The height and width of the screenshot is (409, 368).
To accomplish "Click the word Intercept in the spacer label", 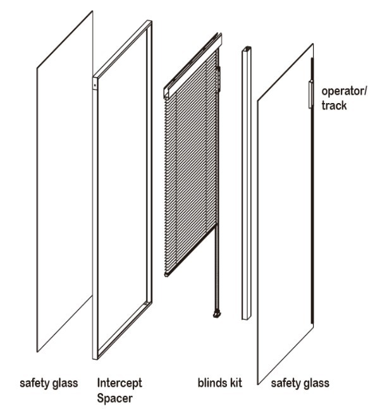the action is tap(120, 383).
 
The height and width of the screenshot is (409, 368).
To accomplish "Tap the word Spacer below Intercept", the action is tap(115, 398).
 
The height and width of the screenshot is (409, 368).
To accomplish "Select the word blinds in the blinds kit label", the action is tap(211, 382).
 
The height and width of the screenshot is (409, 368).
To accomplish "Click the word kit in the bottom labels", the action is tap(235, 382).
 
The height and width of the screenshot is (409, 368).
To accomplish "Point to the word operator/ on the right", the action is tap(344, 92).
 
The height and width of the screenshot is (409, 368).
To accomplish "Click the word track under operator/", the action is tap(334, 106).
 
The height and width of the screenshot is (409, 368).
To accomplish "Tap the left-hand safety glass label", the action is tap(49, 383).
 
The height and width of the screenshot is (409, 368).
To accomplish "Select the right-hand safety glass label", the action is tap(300, 383).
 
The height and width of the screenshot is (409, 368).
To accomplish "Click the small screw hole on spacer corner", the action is tap(95, 85).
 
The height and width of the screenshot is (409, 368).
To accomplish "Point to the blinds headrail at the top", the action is tap(193, 65).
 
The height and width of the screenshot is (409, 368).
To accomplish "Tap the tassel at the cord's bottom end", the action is tap(217, 314).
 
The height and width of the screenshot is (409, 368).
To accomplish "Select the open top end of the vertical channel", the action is tap(247, 49).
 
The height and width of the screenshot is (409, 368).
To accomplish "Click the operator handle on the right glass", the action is tap(310, 94).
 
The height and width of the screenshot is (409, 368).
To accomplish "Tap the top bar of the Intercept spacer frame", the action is tap(122, 49).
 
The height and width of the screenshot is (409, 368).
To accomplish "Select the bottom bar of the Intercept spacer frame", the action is tap(122, 329).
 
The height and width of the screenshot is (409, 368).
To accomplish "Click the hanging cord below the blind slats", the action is tap(216, 269).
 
